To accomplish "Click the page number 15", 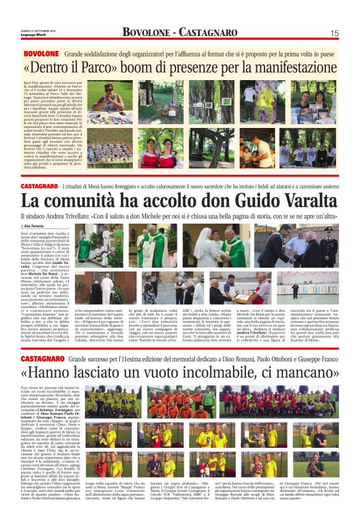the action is point(351,33).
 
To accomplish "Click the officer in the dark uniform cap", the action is point(345,246).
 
